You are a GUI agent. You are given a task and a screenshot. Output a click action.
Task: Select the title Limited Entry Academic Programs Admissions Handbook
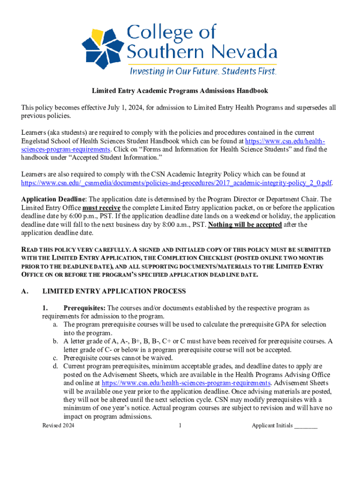click(180, 91)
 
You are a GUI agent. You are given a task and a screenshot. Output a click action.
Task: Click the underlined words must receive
click(101, 207)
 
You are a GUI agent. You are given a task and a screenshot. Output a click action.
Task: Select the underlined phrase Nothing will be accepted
click(245, 225)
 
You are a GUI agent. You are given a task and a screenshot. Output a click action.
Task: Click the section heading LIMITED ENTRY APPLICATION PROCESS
click(114, 291)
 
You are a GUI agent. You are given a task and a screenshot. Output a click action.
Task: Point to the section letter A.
click(24, 291)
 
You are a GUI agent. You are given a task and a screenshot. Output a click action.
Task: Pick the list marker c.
click(55, 358)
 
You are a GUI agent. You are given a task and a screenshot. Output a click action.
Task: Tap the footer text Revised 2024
click(58, 426)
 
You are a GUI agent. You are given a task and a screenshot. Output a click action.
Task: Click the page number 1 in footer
click(180, 426)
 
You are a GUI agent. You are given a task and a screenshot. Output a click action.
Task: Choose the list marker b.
click(55, 341)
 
